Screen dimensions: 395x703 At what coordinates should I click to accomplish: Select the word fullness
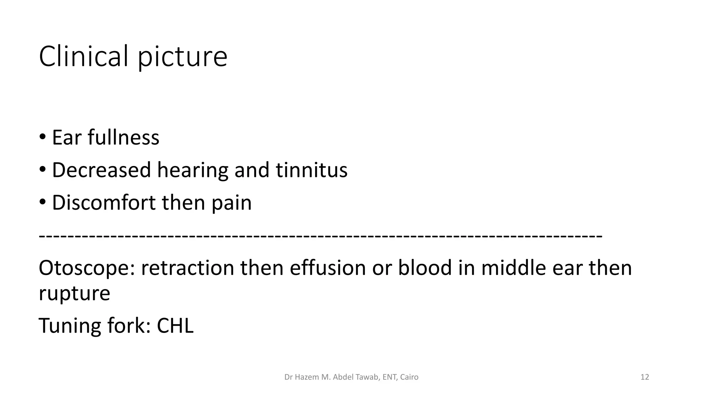(x=123, y=137)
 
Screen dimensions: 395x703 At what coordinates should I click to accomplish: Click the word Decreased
(x=101, y=170)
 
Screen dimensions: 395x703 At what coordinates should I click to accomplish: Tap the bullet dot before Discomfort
(x=42, y=202)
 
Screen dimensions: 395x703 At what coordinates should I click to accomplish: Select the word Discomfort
(x=104, y=202)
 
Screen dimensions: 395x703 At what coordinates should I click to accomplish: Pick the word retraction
(x=187, y=268)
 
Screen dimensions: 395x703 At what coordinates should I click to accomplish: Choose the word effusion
(x=327, y=268)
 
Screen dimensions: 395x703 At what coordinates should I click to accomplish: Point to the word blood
(x=425, y=268)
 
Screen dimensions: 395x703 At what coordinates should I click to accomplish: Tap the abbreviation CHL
(x=175, y=325)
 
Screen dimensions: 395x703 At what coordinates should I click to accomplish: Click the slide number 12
(x=645, y=377)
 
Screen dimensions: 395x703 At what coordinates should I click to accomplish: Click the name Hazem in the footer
(x=306, y=377)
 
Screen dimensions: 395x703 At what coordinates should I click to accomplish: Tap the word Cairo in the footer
(x=409, y=377)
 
